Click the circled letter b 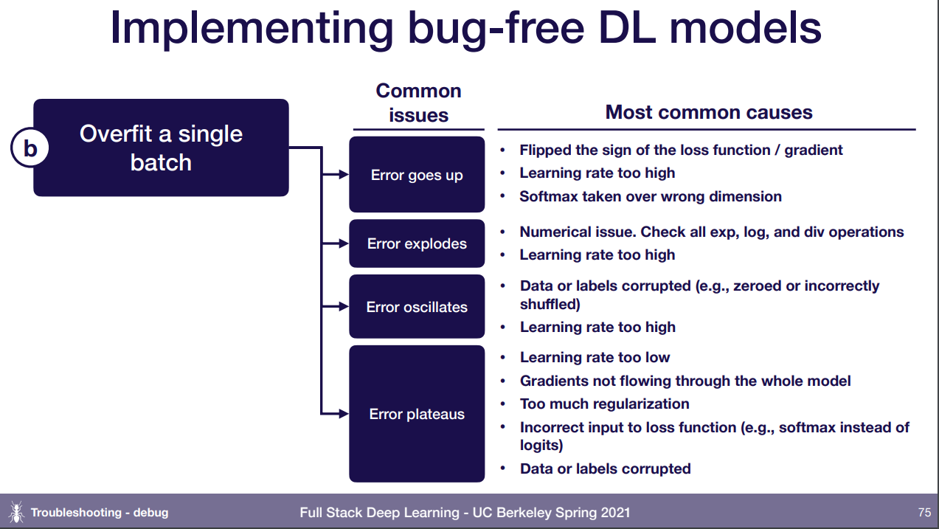pos(30,148)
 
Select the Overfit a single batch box pos(161,148)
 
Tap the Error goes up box pos(417,175)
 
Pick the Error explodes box pos(417,243)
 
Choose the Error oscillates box pos(417,307)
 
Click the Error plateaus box pos(417,414)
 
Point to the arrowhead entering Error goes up pos(343,175)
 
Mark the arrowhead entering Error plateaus pos(343,414)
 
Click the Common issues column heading pos(418,103)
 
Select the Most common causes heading pos(708,112)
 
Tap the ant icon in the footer pos(15,512)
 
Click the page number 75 pos(924,512)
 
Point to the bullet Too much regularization pos(604,404)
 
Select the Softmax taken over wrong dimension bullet pos(650,196)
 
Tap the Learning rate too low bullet pos(595,357)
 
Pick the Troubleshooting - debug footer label pos(99,512)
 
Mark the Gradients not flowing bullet pos(685,381)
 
